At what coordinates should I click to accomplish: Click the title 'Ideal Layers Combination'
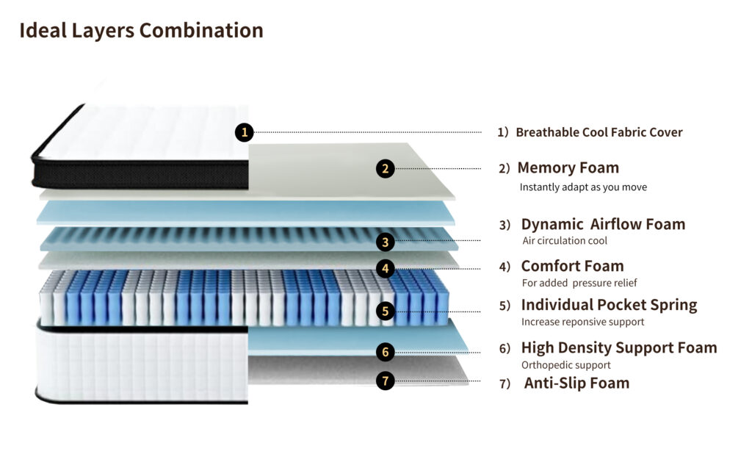[141, 31]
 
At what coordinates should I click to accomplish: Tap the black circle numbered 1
[245, 132]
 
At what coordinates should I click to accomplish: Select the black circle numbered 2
[386, 168]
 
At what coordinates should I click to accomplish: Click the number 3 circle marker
[386, 241]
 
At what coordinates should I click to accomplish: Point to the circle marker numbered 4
[386, 268]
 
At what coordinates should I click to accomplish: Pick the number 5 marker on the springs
[386, 311]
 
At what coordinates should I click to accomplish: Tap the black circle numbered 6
[386, 352]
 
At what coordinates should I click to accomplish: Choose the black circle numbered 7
[386, 381]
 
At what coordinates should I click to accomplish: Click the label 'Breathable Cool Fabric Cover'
[599, 132]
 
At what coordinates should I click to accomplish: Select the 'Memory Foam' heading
[568, 167]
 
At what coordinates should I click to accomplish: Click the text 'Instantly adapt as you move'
[583, 187]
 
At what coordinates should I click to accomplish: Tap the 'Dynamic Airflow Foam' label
[603, 224]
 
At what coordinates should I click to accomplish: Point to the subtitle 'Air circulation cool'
[564, 241]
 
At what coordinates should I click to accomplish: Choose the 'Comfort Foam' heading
[572, 266]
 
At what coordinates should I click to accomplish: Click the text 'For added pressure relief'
[579, 283]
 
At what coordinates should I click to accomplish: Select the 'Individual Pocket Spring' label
[609, 305]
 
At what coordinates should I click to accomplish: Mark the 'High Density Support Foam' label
[618, 347]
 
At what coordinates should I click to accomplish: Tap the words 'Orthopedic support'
[565, 365]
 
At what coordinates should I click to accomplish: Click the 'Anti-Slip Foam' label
[576, 383]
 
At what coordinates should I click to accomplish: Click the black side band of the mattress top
[140, 174]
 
